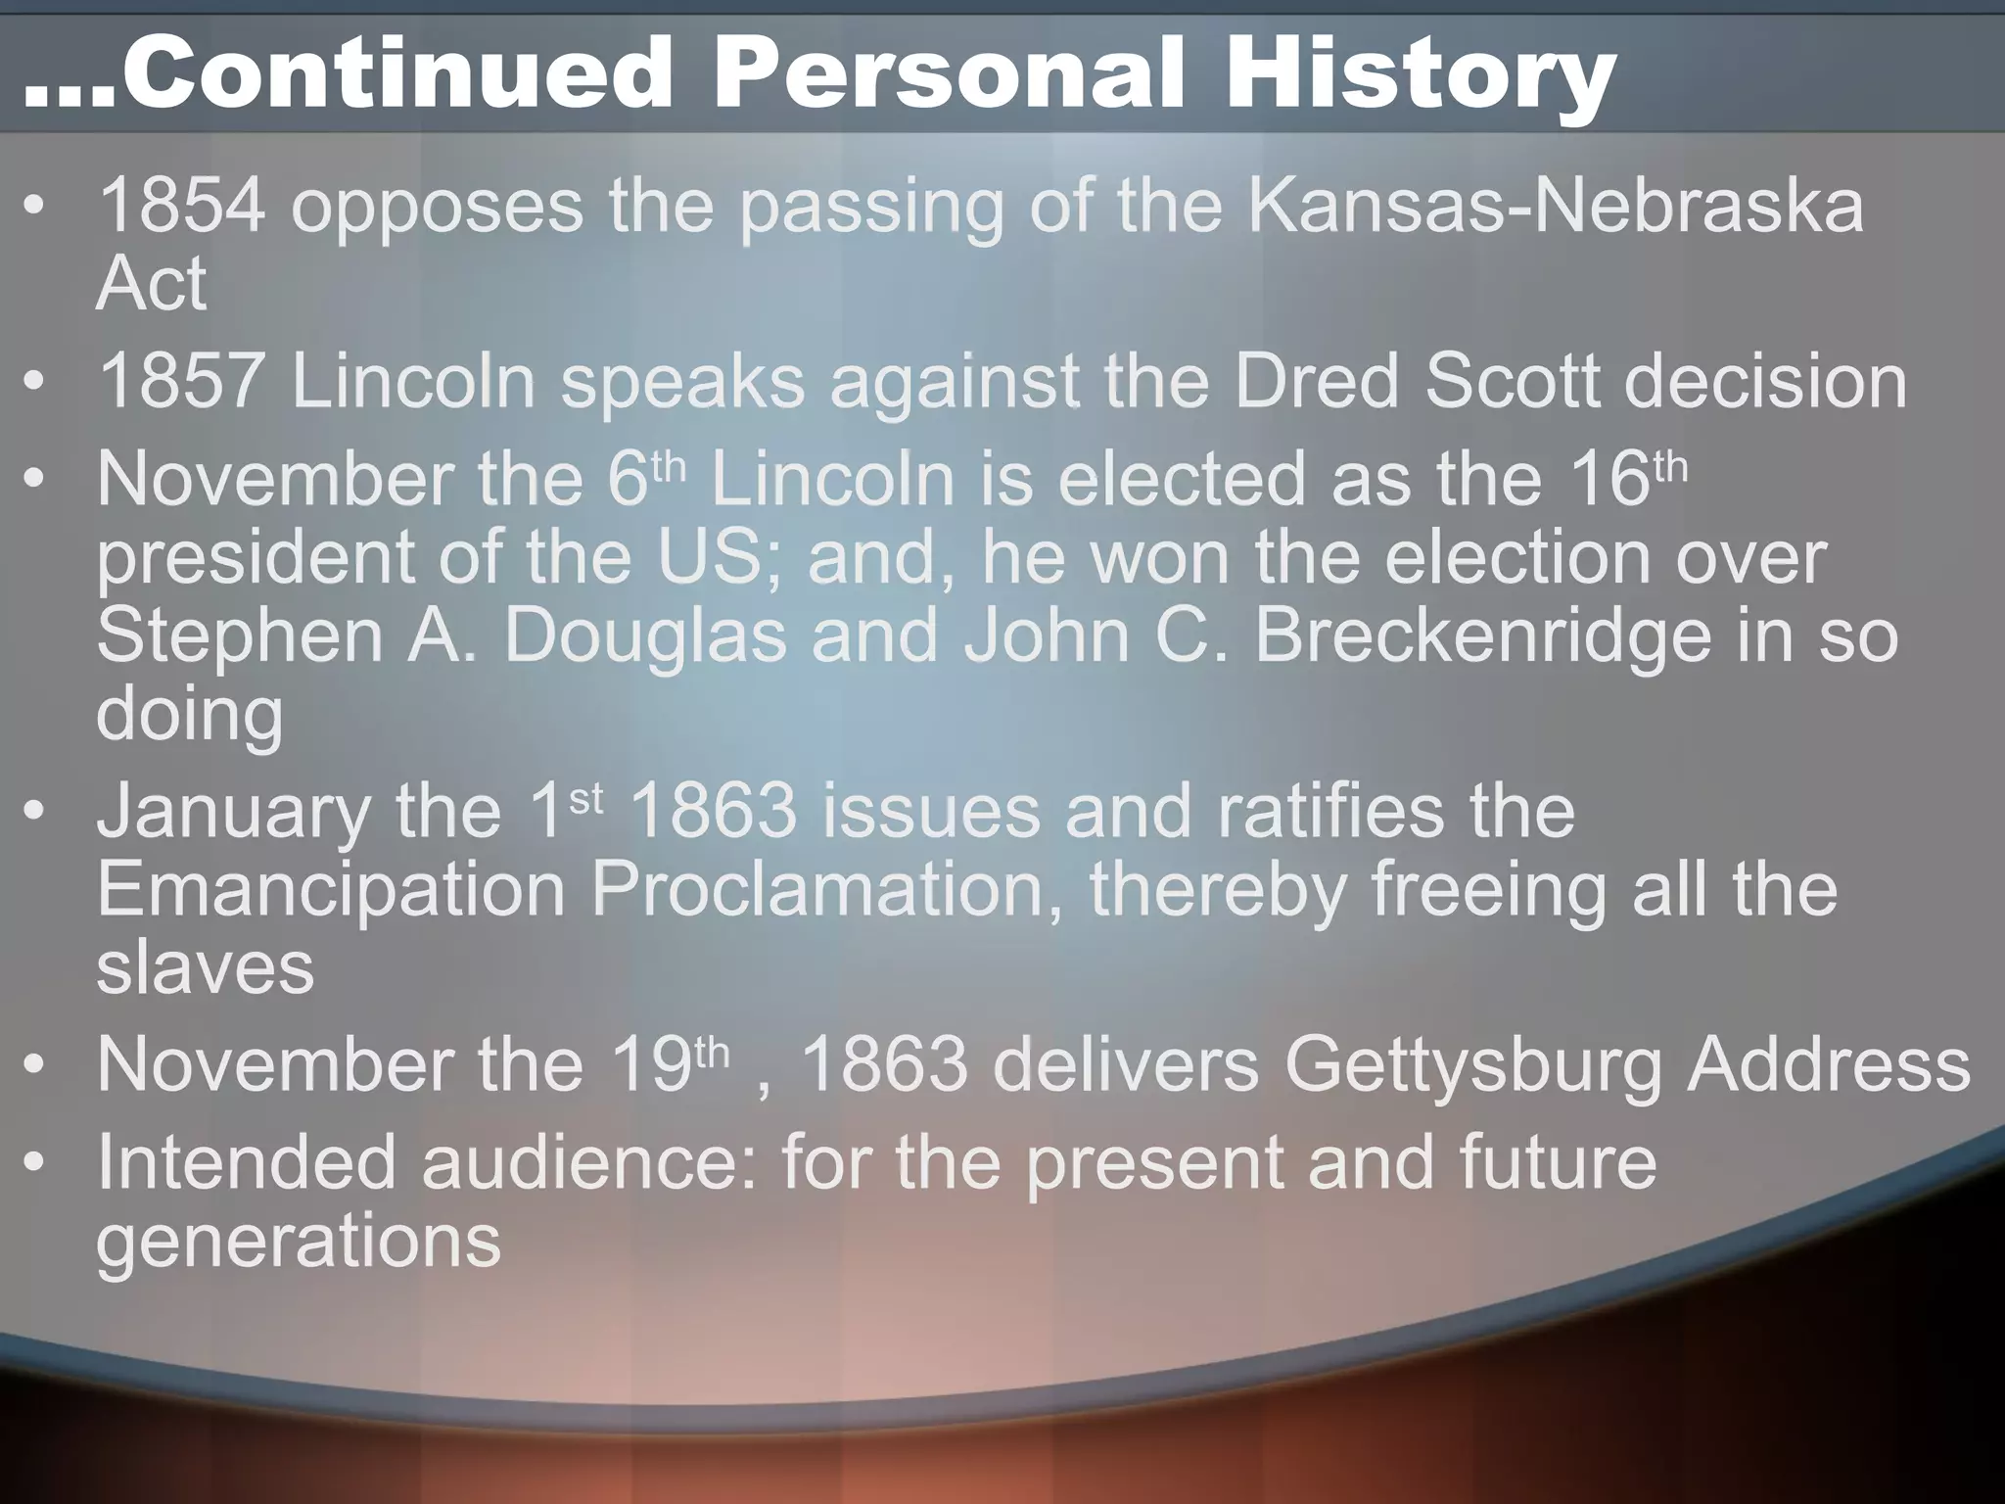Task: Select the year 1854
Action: point(182,206)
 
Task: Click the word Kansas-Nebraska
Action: point(1556,206)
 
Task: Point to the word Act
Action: point(152,285)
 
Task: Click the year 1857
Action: point(182,381)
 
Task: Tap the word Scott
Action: point(1514,381)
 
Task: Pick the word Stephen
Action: point(240,636)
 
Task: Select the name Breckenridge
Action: point(1483,636)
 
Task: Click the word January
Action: point(234,814)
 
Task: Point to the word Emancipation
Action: point(332,890)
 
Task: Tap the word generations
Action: point(299,1243)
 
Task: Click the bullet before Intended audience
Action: point(35,1163)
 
